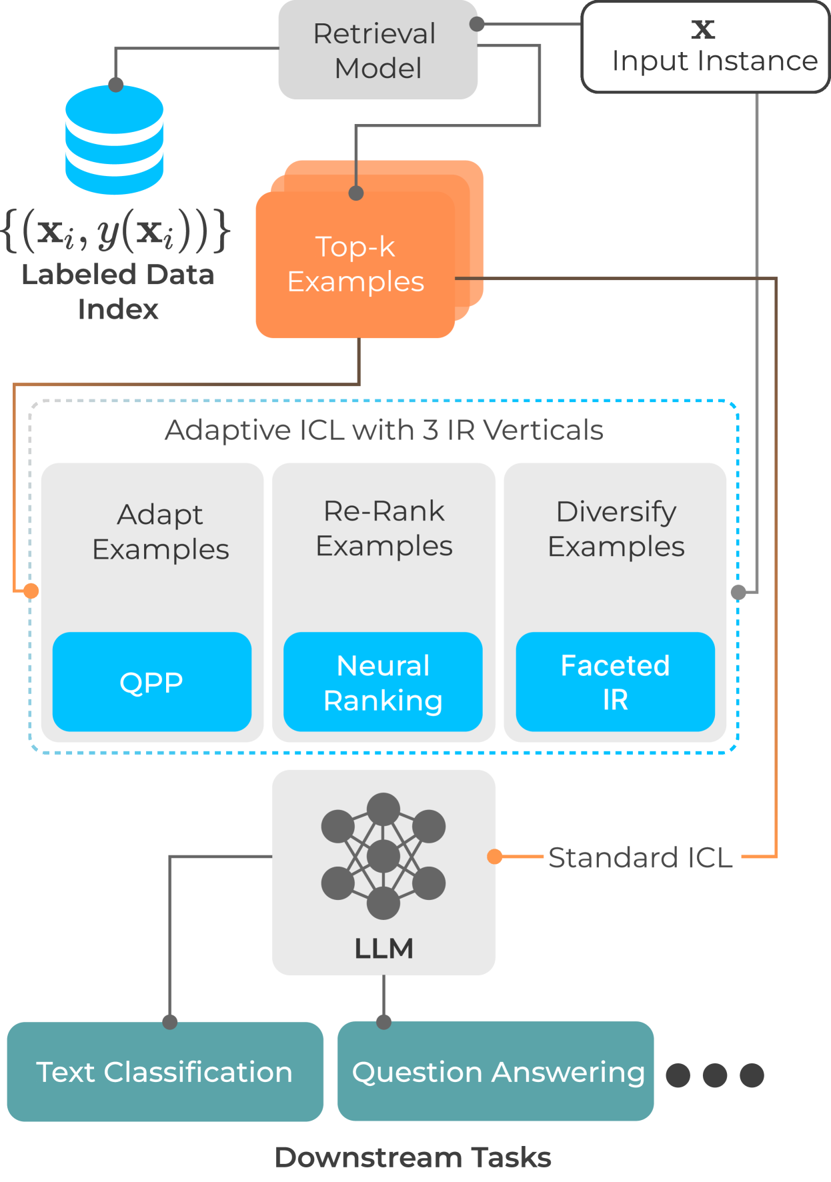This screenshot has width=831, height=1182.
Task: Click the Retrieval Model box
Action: click(x=377, y=51)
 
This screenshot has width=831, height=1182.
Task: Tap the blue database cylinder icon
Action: click(x=115, y=140)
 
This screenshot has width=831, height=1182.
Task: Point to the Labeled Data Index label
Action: click(x=117, y=292)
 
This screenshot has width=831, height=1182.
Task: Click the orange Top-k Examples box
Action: click(x=356, y=264)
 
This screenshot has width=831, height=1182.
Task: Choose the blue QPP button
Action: click(x=151, y=682)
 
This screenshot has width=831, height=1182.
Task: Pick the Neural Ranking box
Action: click(x=383, y=682)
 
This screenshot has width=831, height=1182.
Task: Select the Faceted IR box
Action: click(x=615, y=682)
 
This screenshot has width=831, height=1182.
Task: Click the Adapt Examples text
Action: click(x=161, y=532)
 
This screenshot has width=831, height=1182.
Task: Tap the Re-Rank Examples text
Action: click(x=384, y=529)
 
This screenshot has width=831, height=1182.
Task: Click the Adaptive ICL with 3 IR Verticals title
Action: click(x=384, y=430)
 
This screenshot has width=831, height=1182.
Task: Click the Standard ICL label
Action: click(x=641, y=857)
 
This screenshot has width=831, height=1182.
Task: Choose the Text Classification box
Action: click(x=165, y=1071)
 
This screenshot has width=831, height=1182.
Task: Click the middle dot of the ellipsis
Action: click(x=714, y=1075)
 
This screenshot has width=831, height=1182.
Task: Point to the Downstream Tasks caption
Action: click(x=413, y=1157)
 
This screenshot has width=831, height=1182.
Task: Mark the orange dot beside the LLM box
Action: click(x=494, y=857)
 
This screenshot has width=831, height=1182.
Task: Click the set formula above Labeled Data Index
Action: click(x=117, y=231)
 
